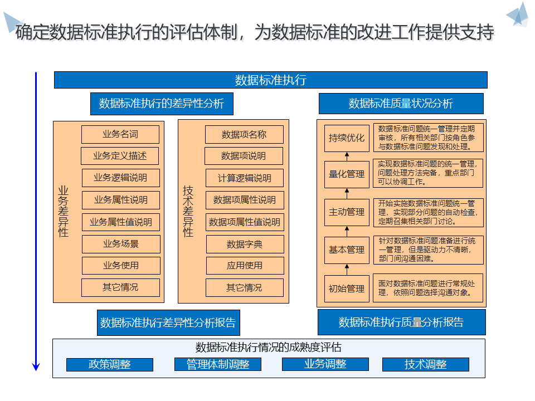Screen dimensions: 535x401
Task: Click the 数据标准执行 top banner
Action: [270, 80]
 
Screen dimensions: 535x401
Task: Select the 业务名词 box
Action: [120, 134]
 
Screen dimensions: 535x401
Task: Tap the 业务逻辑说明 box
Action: [120, 178]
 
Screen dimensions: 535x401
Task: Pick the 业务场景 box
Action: [121, 244]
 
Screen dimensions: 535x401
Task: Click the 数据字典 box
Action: [245, 244]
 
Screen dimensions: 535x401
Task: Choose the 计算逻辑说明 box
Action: [245, 178]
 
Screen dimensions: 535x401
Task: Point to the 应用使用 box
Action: [245, 266]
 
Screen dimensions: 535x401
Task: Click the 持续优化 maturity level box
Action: [347, 138]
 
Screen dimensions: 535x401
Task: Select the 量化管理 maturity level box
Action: [347, 174]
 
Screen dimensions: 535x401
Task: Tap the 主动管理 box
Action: [347, 212]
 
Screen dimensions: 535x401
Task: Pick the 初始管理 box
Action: [347, 288]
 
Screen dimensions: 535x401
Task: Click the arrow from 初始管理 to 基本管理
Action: [347, 269]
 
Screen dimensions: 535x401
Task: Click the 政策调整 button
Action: [110, 365]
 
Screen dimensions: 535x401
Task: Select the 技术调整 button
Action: [426, 365]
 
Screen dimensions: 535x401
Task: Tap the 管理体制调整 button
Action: [217, 365]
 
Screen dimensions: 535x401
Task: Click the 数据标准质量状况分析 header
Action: [401, 104]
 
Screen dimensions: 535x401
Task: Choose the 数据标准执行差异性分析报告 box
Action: [168, 322]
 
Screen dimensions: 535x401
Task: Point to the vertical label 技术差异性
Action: [188, 211]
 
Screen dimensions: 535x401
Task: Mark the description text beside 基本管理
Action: [427, 250]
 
